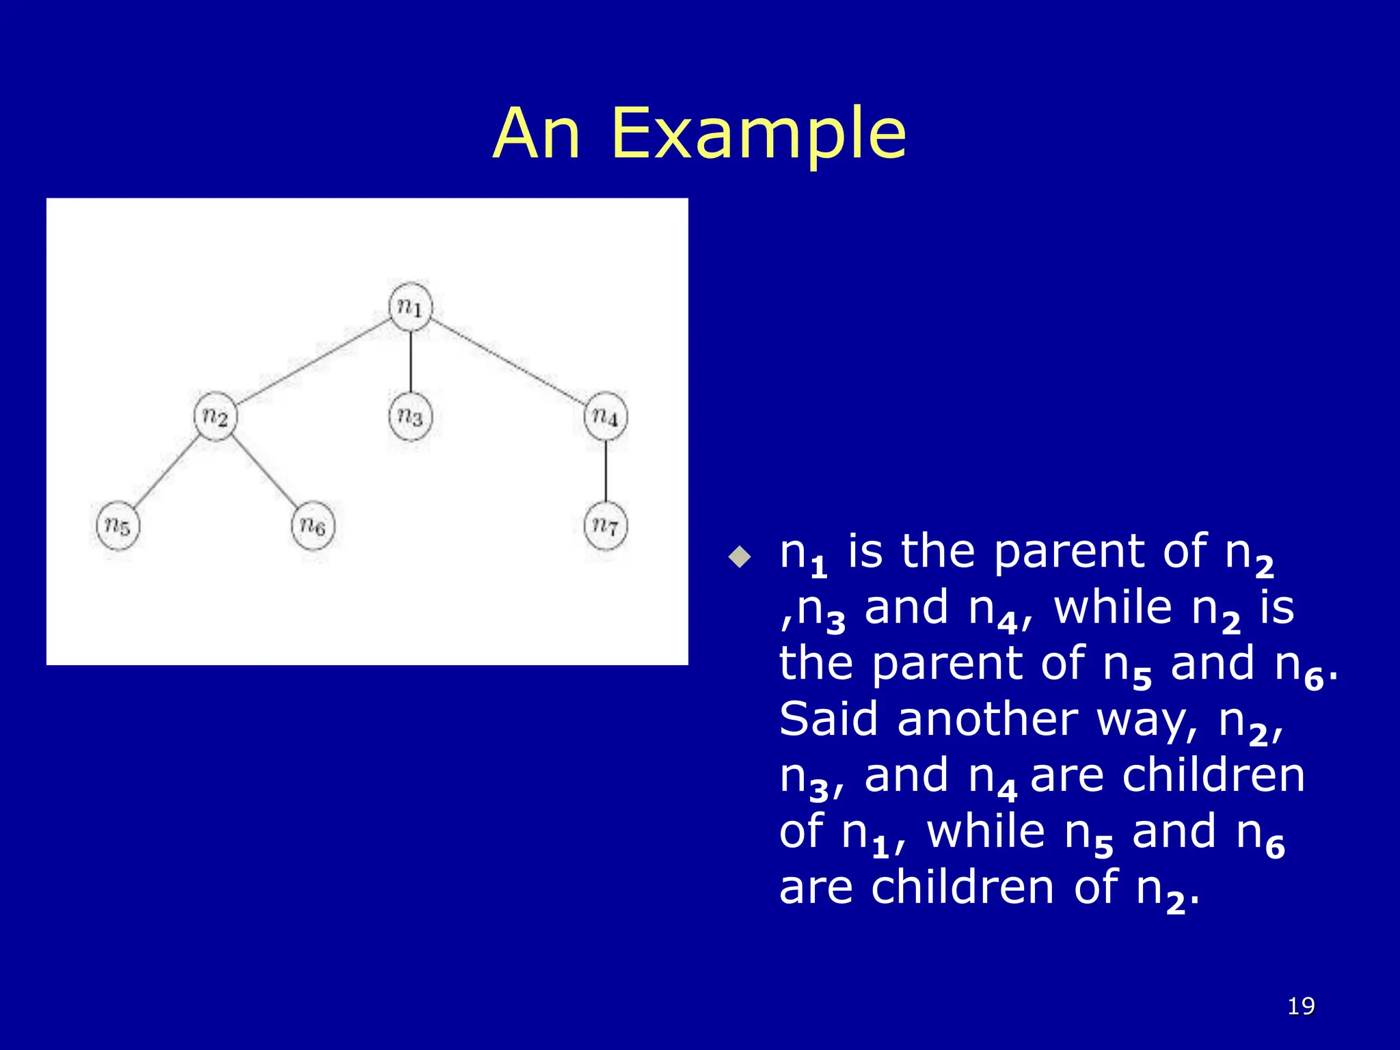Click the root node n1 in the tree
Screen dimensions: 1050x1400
410,307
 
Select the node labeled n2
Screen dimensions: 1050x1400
215,416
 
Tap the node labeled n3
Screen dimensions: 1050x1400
410,416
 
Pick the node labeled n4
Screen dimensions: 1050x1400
606,416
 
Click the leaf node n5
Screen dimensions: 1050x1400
118,526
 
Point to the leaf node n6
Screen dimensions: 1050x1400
313,526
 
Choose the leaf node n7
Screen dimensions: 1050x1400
606,526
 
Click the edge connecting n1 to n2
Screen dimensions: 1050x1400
313,362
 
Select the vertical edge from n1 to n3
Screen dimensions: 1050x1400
410,362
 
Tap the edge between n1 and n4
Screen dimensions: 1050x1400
508,362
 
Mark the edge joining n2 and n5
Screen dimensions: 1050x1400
166,471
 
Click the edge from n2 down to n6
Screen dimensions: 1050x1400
265,471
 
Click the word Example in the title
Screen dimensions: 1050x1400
759,135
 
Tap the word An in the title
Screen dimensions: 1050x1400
537,135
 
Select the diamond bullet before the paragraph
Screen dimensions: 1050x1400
740,556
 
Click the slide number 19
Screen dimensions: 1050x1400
1301,1006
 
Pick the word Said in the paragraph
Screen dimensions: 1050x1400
828,719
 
